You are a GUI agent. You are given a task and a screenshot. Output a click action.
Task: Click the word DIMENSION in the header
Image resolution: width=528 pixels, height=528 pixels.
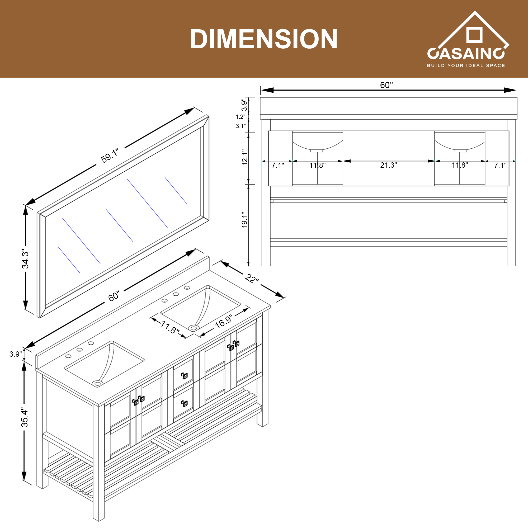[x=264, y=39]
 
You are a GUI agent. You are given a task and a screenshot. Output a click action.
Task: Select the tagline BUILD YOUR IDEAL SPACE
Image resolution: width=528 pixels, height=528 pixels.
[x=466, y=65]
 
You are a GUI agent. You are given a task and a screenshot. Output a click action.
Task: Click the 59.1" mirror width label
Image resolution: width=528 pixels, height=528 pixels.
[x=110, y=156]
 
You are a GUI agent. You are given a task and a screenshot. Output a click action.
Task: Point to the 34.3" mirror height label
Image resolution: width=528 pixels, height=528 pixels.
[x=25, y=258]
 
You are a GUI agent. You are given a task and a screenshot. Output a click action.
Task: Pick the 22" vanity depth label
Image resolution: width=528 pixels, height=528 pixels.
[x=251, y=279]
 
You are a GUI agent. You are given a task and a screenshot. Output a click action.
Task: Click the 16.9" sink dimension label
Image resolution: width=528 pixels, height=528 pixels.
[x=223, y=321]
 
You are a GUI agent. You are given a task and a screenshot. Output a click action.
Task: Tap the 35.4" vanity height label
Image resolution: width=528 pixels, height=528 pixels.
[x=25, y=418]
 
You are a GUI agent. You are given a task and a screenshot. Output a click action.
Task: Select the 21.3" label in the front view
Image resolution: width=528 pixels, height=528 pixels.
[x=388, y=165]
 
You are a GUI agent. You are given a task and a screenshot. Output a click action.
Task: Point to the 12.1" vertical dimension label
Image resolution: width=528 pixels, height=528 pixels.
[x=245, y=157]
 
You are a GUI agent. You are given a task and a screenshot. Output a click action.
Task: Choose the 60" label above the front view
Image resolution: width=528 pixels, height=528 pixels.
[x=386, y=85]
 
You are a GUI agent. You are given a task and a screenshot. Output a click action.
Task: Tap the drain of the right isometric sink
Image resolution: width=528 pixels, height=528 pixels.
[x=194, y=327]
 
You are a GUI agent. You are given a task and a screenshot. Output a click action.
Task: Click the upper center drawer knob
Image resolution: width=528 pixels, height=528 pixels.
[x=185, y=376]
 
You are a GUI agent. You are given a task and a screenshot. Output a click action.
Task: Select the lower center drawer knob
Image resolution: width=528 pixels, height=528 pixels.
[x=185, y=403]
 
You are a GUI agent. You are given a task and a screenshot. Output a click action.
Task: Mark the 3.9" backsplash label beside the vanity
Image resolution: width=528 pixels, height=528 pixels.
[x=15, y=354]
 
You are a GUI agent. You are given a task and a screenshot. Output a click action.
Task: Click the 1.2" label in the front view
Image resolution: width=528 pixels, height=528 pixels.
[x=241, y=117]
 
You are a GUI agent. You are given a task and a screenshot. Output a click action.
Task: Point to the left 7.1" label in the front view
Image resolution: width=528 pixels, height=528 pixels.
[x=278, y=165]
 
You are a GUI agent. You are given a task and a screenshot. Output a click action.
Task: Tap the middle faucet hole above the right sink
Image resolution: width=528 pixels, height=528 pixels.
[x=176, y=294]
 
